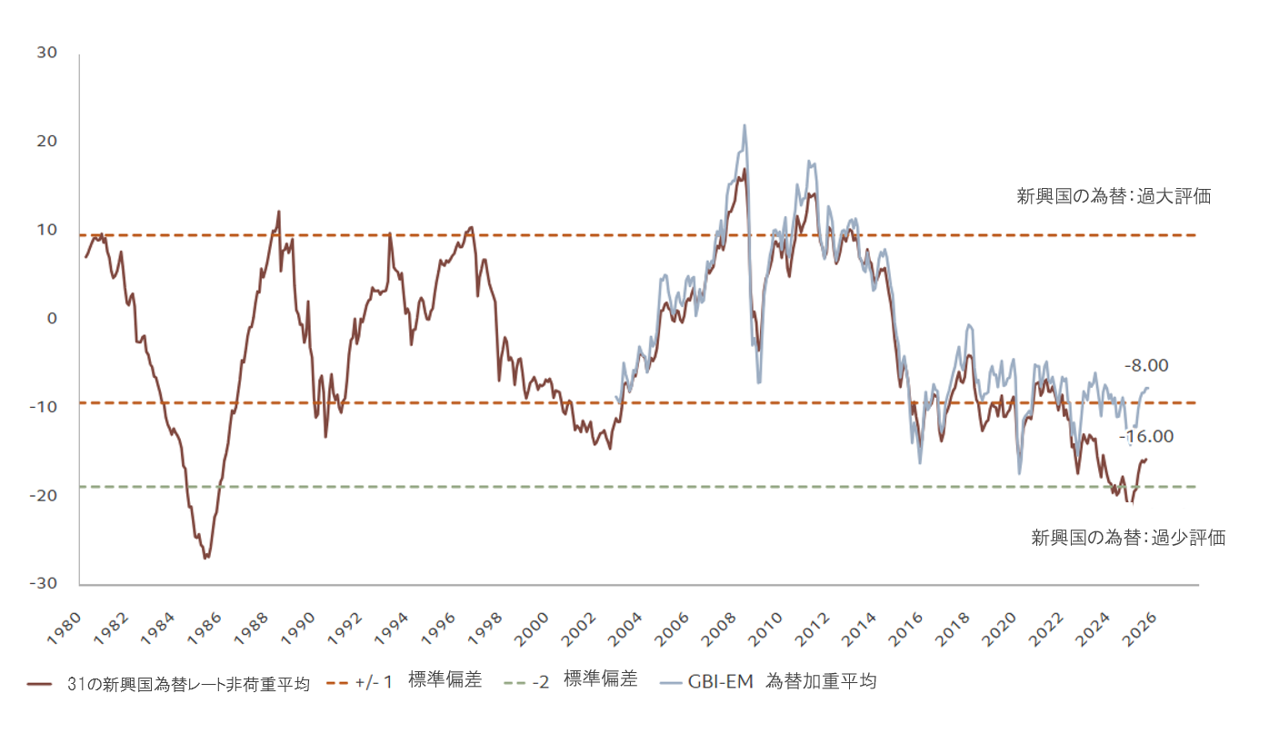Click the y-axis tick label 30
pos(47,54)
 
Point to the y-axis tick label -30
pos(45,584)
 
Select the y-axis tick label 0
pos(52,319)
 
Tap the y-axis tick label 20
pos(47,142)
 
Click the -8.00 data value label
pos(1146,366)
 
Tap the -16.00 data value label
pos(1147,437)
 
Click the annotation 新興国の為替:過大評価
pos(1114,196)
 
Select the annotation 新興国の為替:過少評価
pos(1127,538)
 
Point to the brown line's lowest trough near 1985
pos(205,558)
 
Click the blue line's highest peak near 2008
pos(744,125)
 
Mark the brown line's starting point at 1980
pos(85,257)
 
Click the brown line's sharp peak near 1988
pos(278,212)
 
